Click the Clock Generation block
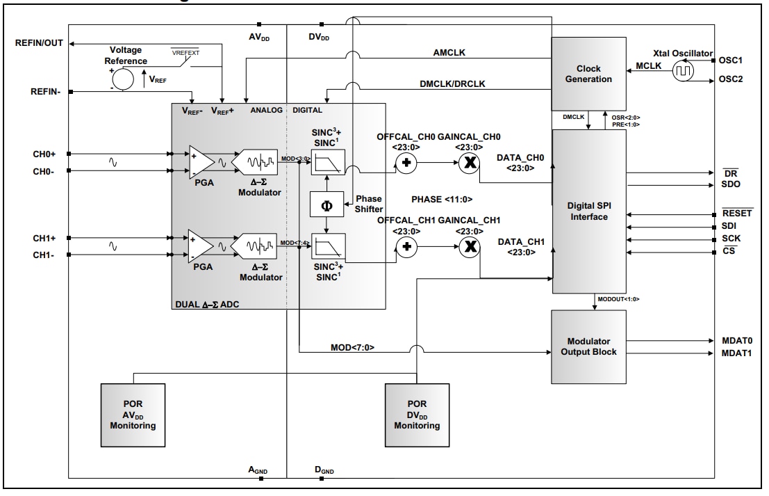[x=588, y=74]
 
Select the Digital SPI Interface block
[x=588, y=211]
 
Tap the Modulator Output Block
[x=588, y=346]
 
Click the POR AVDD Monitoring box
[x=132, y=415]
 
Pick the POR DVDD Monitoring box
[x=417, y=415]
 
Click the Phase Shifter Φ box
[x=326, y=205]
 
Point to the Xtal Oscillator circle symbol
[x=684, y=70]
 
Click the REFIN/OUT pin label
[x=39, y=43]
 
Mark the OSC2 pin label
[x=731, y=79]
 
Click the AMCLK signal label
[x=449, y=54]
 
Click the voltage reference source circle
[x=123, y=80]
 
